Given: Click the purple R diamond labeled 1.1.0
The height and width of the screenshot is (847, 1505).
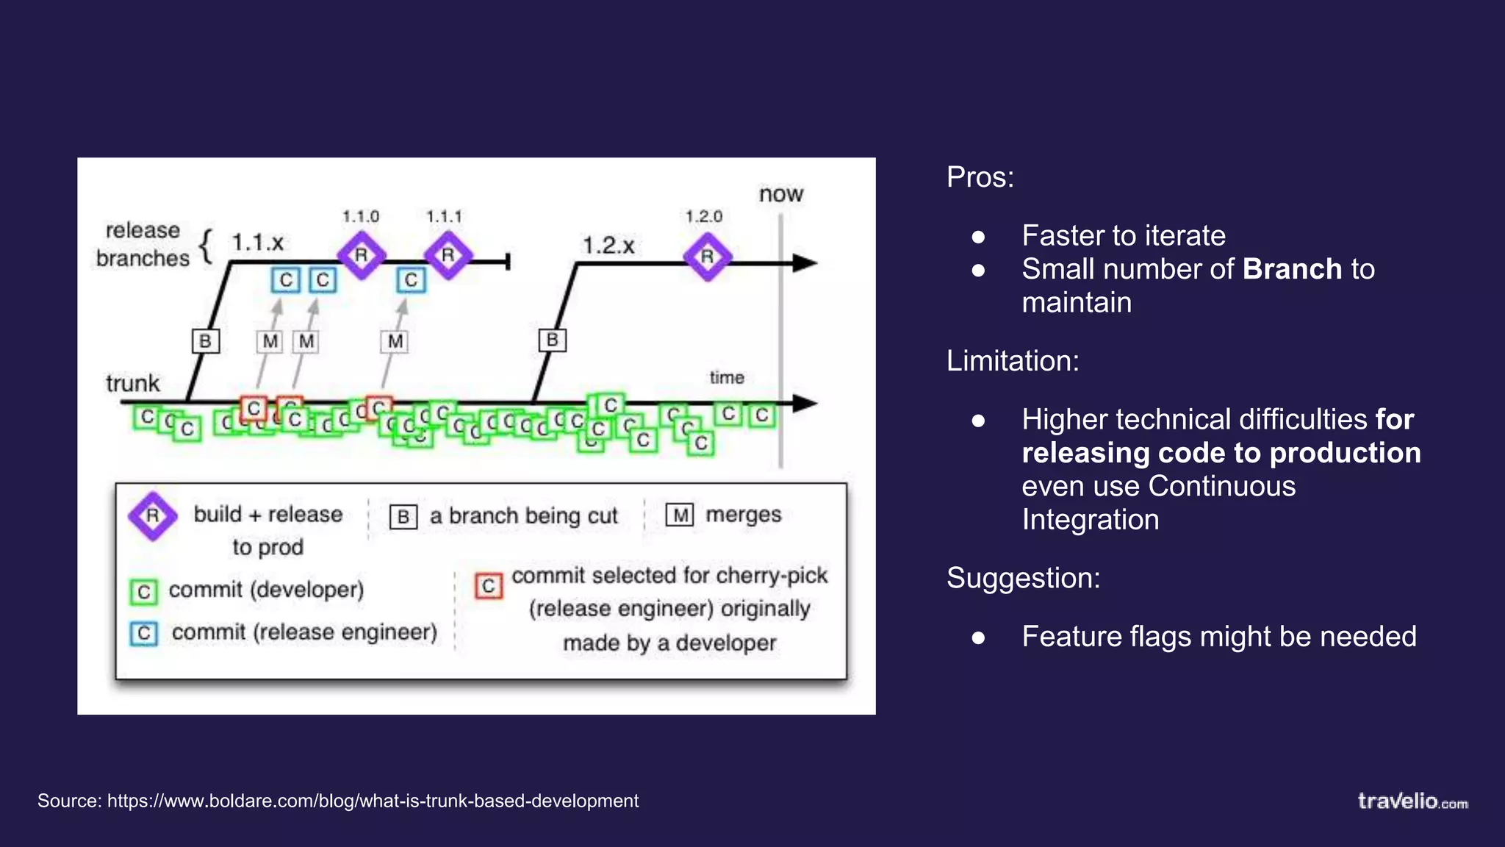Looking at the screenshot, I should click(x=361, y=255).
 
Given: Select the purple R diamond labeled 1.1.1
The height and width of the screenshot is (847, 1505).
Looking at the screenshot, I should click(x=448, y=255).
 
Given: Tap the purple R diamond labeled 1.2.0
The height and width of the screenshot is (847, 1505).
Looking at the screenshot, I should click(x=707, y=257).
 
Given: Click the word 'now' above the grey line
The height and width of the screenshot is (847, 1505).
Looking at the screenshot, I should click(x=780, y=194).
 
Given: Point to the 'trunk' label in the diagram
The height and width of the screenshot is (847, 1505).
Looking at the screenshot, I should click(x=132, y=383).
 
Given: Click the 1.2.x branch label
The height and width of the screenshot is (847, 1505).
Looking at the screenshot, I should click(x=608, y=245).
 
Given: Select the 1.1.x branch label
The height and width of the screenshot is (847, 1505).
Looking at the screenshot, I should click(x=257, y=242).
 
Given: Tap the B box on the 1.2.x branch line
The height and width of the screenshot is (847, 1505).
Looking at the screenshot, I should click(x=552, y=340).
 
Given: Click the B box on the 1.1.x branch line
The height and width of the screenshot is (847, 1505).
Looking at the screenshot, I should click(x=205, y=341).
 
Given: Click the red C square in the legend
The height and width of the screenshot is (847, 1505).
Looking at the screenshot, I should click(x=488, y=586).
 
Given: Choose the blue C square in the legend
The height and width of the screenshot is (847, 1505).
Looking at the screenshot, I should click(x=144, y=633).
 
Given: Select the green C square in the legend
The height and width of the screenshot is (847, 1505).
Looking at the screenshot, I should click(x=144, y=591).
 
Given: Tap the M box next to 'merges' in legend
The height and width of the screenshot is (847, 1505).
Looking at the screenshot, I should click(x=680, y=515).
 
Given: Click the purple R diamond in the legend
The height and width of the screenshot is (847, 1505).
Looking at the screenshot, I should click(x=152, y=515).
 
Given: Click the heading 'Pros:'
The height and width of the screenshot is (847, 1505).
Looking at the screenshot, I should click(x=980, y=177).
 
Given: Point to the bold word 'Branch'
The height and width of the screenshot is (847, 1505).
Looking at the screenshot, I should click(x=1292, y=269).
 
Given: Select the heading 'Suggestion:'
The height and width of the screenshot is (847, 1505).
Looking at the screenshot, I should click(x=1023, y=578).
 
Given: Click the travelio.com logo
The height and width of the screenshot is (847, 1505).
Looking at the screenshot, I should click(x=1412, y=801).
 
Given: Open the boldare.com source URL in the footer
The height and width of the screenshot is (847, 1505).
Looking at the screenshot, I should click(x=373, y=801).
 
